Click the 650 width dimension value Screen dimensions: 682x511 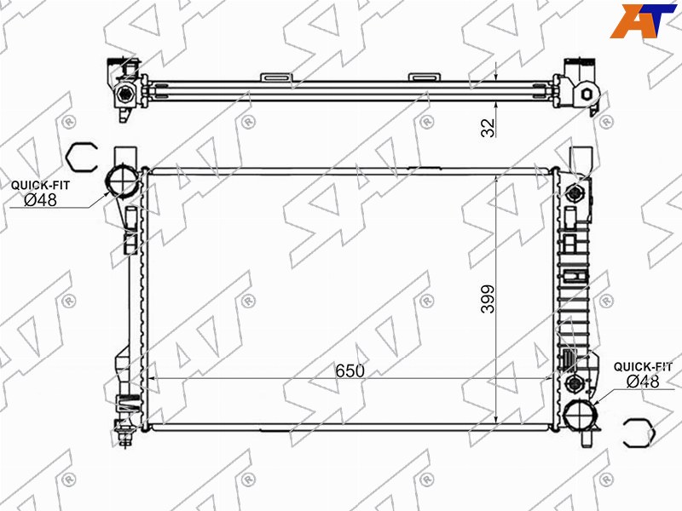[350, 370]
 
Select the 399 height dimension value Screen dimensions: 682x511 [488, 299]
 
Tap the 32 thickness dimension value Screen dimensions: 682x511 [488, 127]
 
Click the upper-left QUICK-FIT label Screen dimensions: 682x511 [40, 185]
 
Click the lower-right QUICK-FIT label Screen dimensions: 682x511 [643, 367]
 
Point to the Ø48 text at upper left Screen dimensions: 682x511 [40, 200]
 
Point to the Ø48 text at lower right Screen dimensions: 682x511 [643, 382]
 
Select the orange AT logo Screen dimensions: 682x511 [644, 20]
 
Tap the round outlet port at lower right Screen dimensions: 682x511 [579, 416]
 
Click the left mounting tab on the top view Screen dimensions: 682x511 [276, 78]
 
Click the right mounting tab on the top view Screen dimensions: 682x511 [425, 78]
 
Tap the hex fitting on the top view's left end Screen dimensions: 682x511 [125, 94]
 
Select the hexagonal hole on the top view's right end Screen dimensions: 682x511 [586, 94]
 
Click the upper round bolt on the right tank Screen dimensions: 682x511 [575, 192]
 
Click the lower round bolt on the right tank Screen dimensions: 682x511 [574, 383]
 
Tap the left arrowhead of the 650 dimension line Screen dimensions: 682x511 [152, 378]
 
